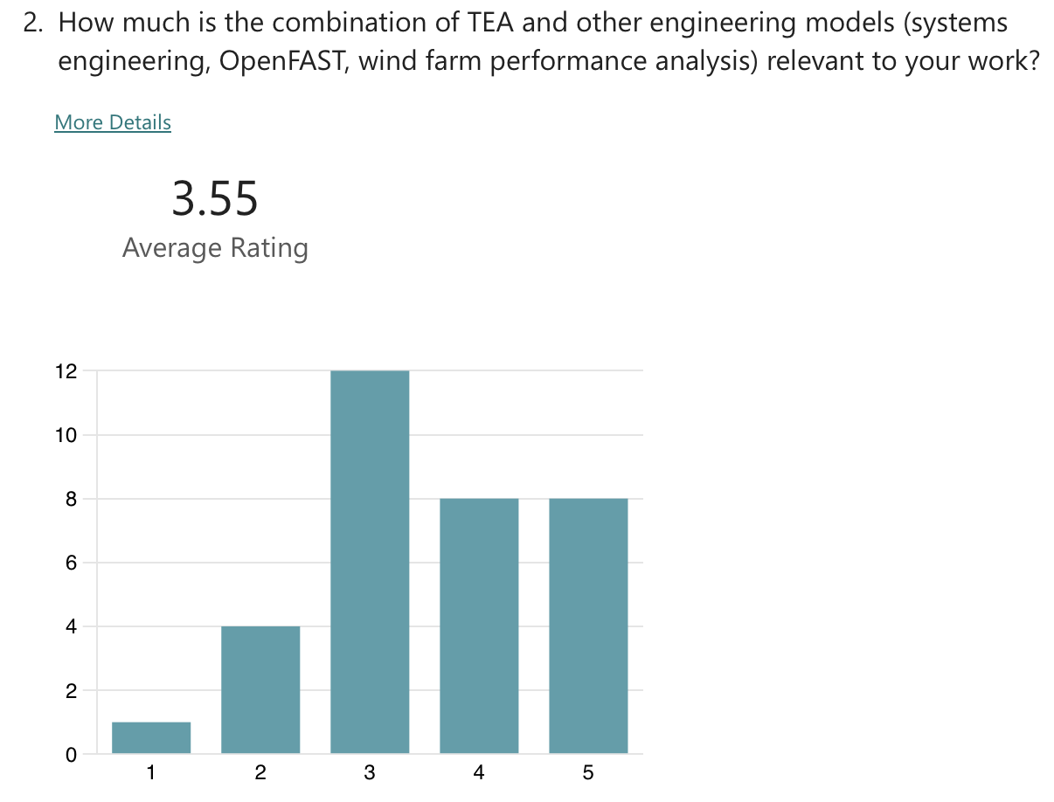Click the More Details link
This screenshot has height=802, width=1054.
pos(113,122)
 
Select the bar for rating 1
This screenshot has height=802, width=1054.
pos(151,737)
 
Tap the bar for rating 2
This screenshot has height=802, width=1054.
pos(260,689)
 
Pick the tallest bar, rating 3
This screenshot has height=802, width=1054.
pos(370,562)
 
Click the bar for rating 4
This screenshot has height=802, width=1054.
pos(479,626)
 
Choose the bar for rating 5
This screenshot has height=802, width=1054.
pos(588,626)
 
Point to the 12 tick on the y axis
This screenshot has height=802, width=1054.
pos(66,371)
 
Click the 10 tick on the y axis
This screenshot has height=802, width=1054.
pos(66,435)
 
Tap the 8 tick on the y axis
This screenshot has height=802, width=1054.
pos(71,499)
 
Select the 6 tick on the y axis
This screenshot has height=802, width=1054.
pos(71,563)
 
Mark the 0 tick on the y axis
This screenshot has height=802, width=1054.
pos(71,755)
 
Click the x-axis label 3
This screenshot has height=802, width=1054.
pos(370,772)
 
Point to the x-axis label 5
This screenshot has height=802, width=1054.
pos(588,772)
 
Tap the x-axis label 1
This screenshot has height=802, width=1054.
pos(151,772)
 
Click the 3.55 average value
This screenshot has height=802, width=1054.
pos(215,198)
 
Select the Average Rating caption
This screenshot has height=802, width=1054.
pos(215,248)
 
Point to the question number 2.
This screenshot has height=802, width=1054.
pos(32,23)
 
